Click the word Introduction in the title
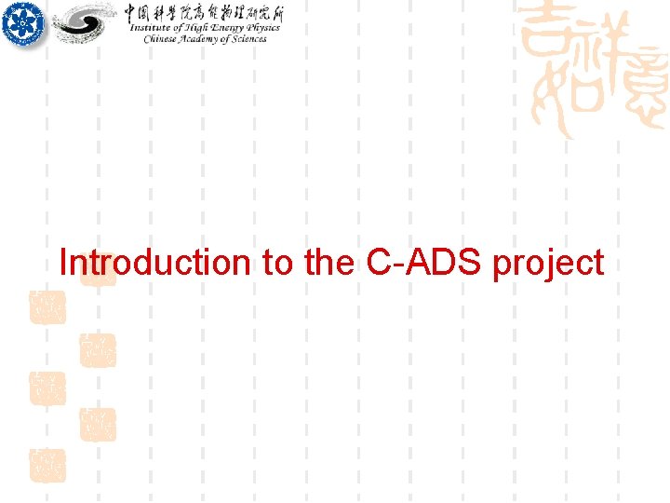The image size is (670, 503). (x=154, y=263)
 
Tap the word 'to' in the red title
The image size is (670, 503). (x=277, y=263)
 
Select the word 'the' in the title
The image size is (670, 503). (x=328, y=263)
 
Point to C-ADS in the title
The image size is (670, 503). (x=424, y=263)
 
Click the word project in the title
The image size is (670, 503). (x=548, y=265)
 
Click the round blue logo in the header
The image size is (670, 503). (x=22, y=24)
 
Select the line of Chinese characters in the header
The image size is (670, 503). (x=204, y=12)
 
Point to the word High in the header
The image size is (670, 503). (x=193, y=28)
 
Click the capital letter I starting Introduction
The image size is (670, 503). (x=62, y=263)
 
